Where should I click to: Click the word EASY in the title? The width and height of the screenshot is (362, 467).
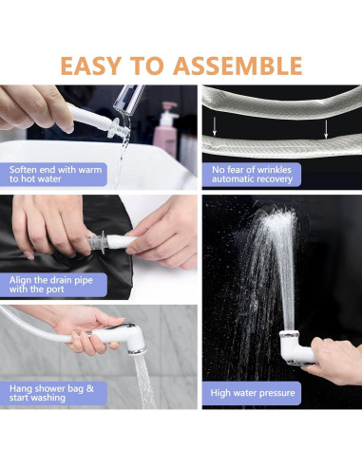point(91,65)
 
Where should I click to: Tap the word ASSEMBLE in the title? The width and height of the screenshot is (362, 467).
point(238,65)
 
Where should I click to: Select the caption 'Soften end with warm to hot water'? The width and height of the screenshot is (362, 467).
point(55,174)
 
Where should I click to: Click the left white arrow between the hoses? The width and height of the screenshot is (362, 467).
point(215,126)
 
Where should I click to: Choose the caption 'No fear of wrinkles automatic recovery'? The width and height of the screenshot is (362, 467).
point(252,174)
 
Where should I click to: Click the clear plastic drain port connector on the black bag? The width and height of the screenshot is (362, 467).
point(98,242)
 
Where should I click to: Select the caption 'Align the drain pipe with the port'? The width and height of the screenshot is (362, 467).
point(51,285)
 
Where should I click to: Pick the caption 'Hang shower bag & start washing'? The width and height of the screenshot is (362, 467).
point(51,393)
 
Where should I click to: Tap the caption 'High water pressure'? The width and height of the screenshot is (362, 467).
point(253,393)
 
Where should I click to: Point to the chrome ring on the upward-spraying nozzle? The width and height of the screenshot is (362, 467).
point(289,334)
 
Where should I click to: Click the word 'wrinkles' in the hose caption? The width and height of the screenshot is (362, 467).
point(275,170)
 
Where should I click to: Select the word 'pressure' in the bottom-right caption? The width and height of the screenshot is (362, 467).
point(277,394)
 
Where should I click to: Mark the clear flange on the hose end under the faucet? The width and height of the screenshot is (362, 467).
point(113,128)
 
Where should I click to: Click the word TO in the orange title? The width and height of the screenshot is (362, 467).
point(147,65)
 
